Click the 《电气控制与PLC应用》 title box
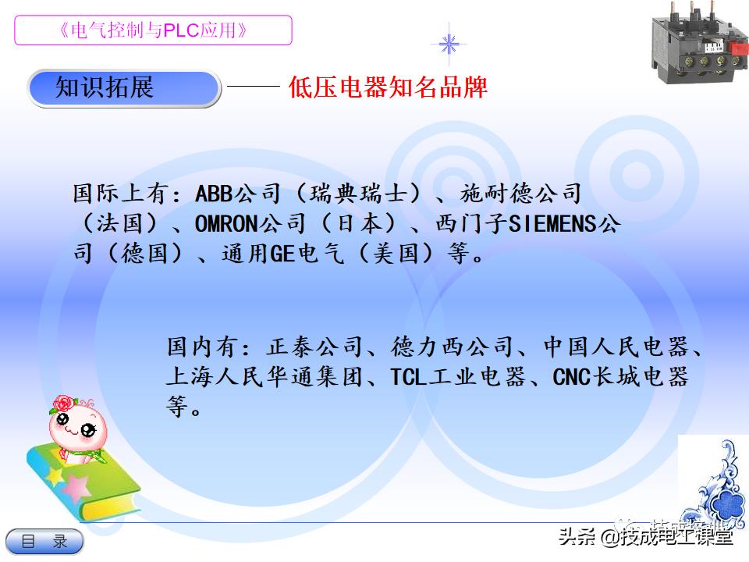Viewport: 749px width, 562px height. tap(153, 30)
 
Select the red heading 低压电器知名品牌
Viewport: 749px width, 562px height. tap(388, 87)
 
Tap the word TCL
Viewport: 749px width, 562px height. tap(406, 378)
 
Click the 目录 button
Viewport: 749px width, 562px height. tap(44, 541)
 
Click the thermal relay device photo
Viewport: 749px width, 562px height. tap(697, 43)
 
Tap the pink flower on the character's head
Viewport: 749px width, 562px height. tap(62, 404)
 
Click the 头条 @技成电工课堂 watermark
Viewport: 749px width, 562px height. tap(645, 536)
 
